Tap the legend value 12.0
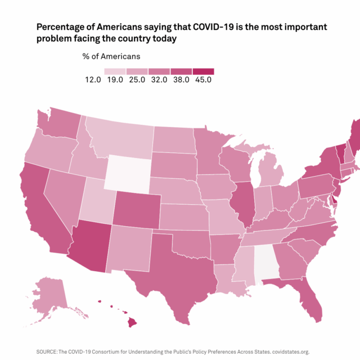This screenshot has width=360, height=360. tap(93, 80)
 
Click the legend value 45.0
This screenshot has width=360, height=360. tap(203, 80)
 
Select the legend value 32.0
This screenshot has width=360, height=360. tap(159, 80)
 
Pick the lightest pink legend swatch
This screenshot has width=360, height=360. tap(115, 71)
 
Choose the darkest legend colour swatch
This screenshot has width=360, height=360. tap(203, 71)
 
